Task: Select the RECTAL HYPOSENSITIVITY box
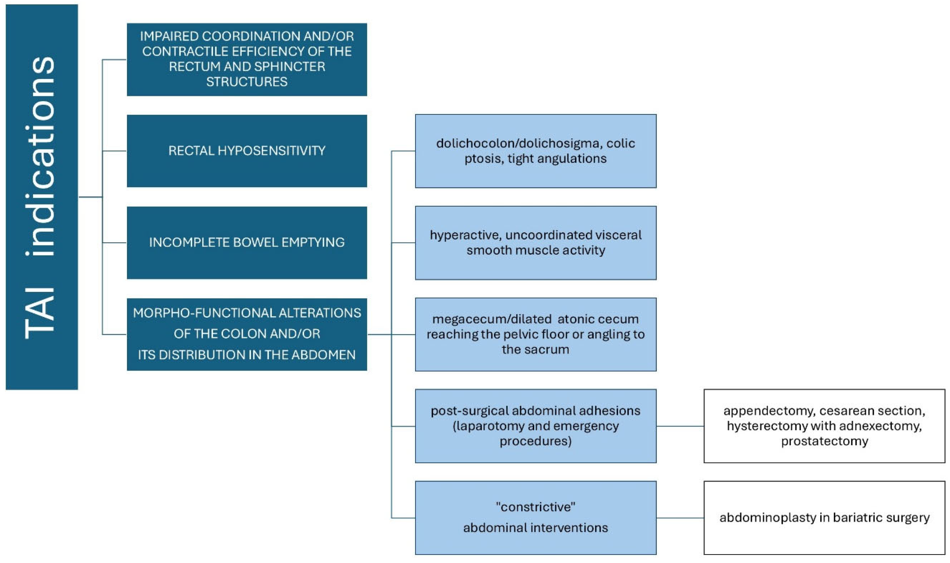click(247, 151)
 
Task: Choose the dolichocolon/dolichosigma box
click(535, 151)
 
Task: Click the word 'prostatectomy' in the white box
click(824, 441)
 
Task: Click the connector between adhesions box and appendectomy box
click(680, 426)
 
